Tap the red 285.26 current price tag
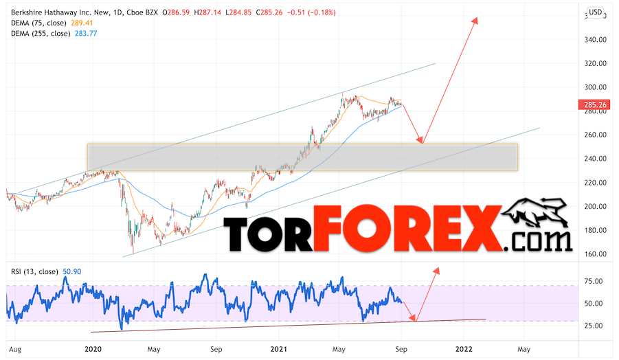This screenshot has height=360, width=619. (x=596, y=105)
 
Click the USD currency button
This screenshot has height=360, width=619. (x=595, y=12)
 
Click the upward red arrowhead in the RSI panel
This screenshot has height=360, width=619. (x=435, y=271)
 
